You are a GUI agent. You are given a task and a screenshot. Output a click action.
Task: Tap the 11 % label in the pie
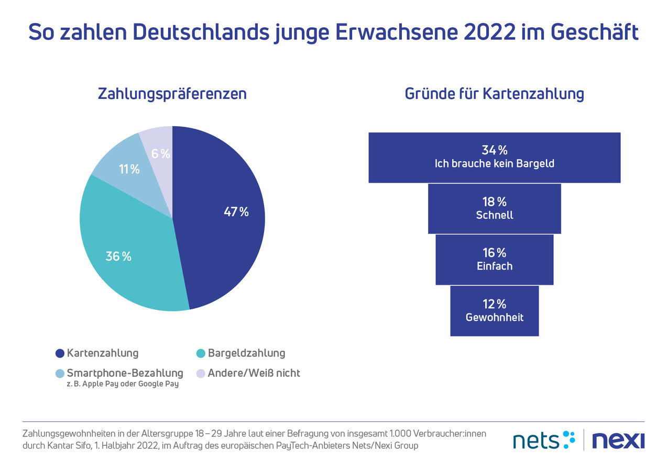[129, 169]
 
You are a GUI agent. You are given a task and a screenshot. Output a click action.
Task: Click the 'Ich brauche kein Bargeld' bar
[494, 157]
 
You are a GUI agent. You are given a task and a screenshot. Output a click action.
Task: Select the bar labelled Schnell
[494, 208]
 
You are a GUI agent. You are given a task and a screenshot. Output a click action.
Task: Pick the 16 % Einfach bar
[494, 260]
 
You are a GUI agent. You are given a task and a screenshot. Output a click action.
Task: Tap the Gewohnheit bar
[494, 311]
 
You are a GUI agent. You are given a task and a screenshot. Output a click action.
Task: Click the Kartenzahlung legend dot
[60, 353]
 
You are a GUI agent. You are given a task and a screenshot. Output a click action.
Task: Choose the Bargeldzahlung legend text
[246, 353]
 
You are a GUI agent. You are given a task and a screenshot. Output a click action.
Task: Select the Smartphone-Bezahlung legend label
[125, 373]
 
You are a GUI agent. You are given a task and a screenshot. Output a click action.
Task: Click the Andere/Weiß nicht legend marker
[200, 374]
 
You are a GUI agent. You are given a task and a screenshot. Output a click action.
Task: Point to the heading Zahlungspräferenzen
[172, 94]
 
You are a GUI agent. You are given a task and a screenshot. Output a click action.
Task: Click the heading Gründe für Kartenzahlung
[494, 94]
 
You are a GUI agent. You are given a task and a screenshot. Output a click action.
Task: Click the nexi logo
[618, 440]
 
